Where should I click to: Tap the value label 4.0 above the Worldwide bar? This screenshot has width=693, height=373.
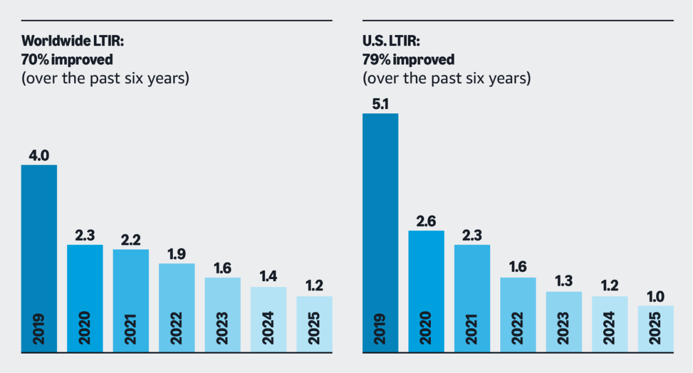[39, 156]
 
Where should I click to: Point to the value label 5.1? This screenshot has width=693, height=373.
[380, 104]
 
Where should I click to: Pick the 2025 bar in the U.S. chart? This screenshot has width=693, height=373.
[655, 328]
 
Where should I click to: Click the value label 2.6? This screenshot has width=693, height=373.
[426, 221]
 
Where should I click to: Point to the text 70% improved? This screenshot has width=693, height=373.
[67, 59]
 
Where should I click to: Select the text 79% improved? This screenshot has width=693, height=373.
[408, 59]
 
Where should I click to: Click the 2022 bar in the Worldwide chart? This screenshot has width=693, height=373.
[176, 307]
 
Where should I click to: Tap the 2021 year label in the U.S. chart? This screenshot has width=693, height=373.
[472, 328]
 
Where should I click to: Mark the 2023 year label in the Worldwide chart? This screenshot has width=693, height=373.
[223, 328]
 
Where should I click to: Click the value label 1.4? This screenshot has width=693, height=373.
[268, 277]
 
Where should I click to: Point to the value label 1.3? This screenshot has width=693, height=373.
[564, 282]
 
